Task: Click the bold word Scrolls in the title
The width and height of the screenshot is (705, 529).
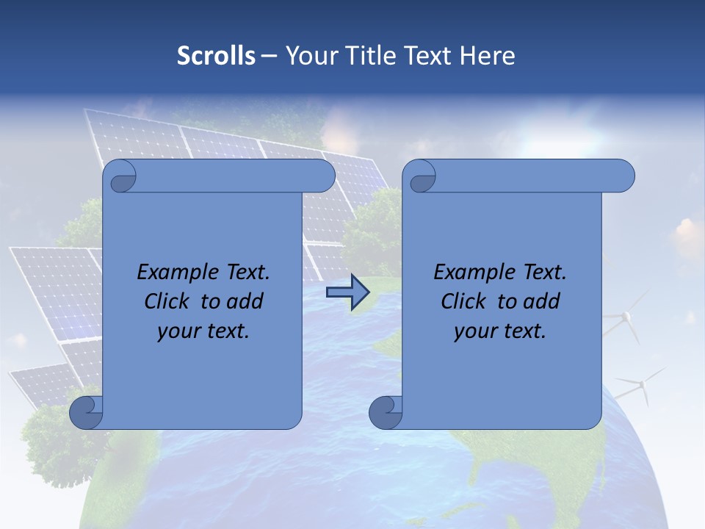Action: pyautogui.click(x=216, y=56)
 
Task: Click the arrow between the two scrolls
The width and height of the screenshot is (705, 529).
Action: pyautogui.click(x=347, y=292)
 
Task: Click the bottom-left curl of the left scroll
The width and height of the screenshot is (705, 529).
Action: pyautogui.click(x=86, y=412)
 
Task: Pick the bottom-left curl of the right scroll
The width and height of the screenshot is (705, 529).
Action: pyautogui.click(x=385, y=412)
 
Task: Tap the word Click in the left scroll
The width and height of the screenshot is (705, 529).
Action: pyautogui.click(x=167, y=301)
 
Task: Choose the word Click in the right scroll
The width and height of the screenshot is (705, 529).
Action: pyautogui.click(x=463, y=301)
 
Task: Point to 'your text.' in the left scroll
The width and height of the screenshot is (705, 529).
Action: pyautogui.click(x=203, y=331)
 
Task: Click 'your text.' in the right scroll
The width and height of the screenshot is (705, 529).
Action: pyautogui.click(x=500, y=331)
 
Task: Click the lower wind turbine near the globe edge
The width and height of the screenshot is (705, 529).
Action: pyautogui.click(x=642, y=385)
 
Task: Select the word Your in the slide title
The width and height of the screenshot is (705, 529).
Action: pyautogui.click(x=308, y=56)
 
